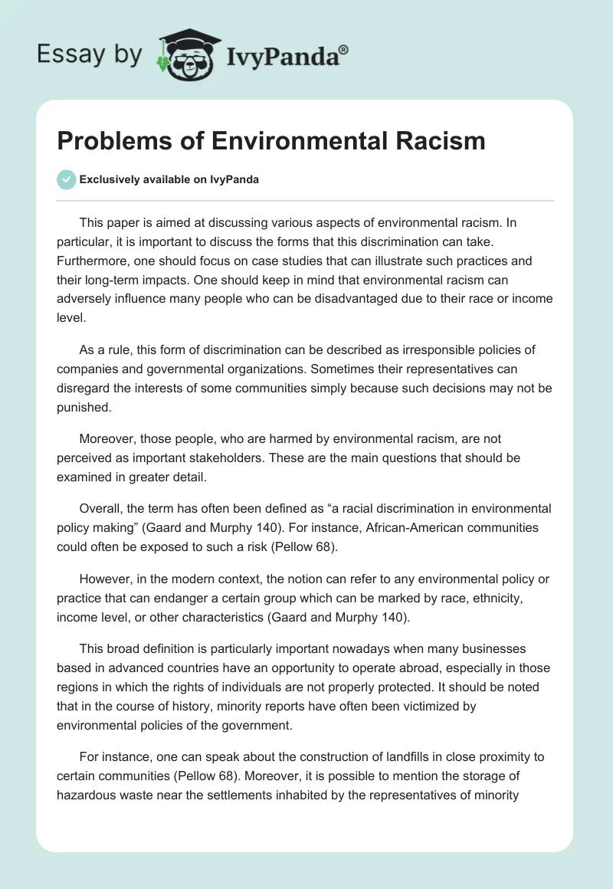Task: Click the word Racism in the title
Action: click(x=446, y=141)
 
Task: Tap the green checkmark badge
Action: click(x=65, y=179)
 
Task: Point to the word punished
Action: click(x=84, y=408)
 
